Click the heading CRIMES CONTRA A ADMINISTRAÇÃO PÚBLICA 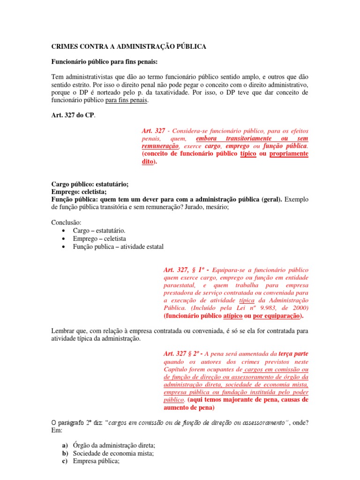point(128,47)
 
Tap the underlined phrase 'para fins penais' point(127,100)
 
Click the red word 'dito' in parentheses point(148,162)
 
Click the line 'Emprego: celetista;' point(78,192)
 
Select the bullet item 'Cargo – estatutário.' point(99,231)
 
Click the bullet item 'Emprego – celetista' point(99,239)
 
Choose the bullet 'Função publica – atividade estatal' point(118,247)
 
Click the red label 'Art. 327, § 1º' point(185,270)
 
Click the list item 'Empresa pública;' point(96,461)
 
